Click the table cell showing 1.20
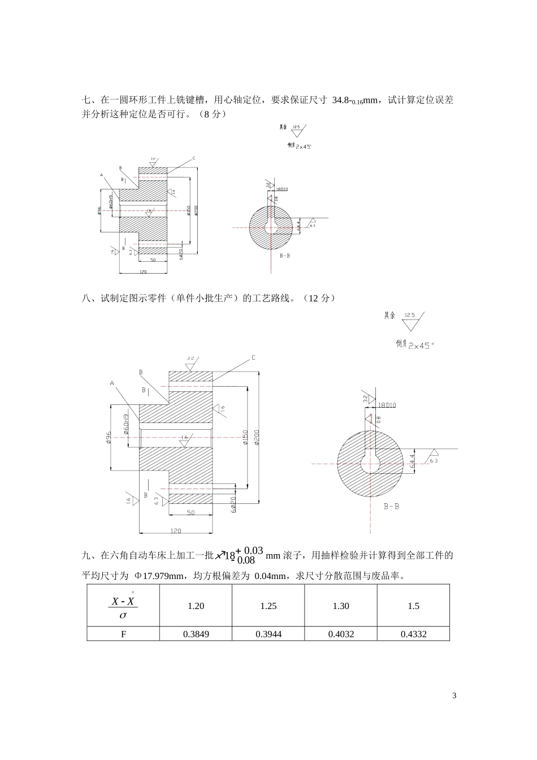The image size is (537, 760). pos(196,606)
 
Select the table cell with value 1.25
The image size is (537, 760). pos(268,606)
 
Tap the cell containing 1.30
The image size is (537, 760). pos(341,606)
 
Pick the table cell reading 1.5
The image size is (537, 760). pos(413,606)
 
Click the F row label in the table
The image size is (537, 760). pos(123,634)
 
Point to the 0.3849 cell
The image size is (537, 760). pos(196,634)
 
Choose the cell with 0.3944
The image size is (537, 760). pos(268,634)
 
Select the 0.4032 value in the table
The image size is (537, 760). pos(341,634)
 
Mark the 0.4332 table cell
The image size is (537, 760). pos(413,634)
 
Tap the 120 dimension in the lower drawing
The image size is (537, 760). pos(176,531)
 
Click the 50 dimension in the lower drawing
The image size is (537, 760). pos(190,512)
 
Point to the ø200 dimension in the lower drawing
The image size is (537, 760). pos(257,437)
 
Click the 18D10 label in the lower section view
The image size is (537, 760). pos(387,405)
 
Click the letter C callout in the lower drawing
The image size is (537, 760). pos(253,357)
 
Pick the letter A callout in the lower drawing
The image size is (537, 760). pos(112,383)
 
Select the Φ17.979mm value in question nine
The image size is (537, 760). pos(159,576)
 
